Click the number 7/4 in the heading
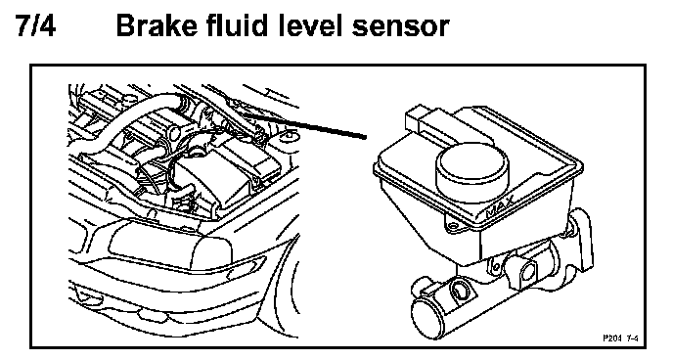click(x=36, y=25)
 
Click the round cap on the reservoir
click(x=472, y=168)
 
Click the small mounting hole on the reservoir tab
click(x=451, y=224)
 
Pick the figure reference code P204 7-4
click(x=620, y=338)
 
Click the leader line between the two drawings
click(x=306, y=125)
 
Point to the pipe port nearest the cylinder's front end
click(x=461, y=291)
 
